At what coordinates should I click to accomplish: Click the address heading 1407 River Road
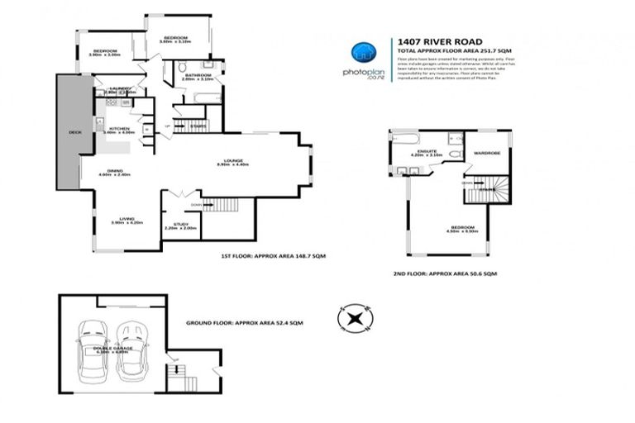click(438, 41)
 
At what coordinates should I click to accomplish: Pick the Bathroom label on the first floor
click(198, 76)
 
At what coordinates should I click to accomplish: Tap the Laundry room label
click(116, 89)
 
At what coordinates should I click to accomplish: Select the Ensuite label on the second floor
click(427, 151)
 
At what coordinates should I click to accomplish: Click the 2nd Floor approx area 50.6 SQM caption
click(446, 273)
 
